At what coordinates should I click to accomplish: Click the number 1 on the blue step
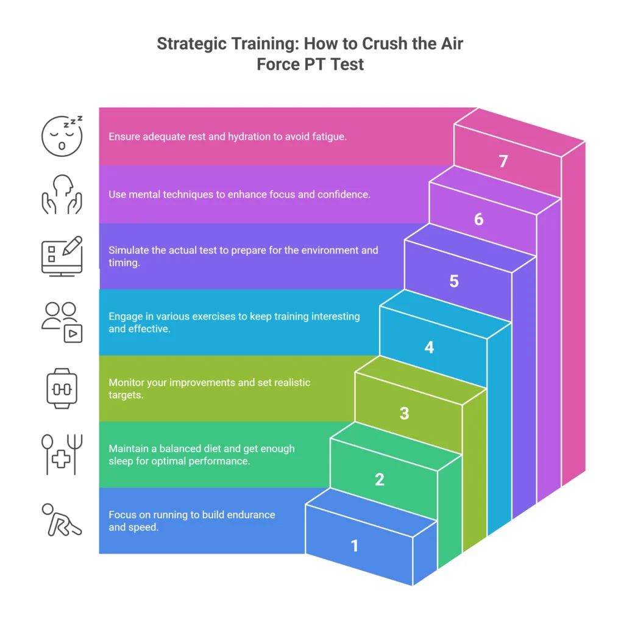pyautogui.click(x=355, y=546)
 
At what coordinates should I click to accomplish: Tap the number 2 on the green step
pyautogui.click(x=380, y=480)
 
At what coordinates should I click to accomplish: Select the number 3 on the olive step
pyautogui.click(x=404, y=414)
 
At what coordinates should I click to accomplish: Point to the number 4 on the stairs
pyautogui.click(x=429, y=348)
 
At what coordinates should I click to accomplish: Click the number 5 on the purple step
pyautogui.click(x=454, y=281)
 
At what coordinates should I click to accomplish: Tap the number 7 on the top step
pyautogui.click(x=503, y=162)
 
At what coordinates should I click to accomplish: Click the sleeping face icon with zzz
pyautogui.click(x=62, y=135)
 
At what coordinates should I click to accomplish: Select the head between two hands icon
pyautogui.click(x=62, y=195)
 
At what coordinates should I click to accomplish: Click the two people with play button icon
pyautogui.click(x=62, y=322)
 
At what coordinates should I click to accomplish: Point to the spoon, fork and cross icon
pyautogui.click(x=62, y=453)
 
